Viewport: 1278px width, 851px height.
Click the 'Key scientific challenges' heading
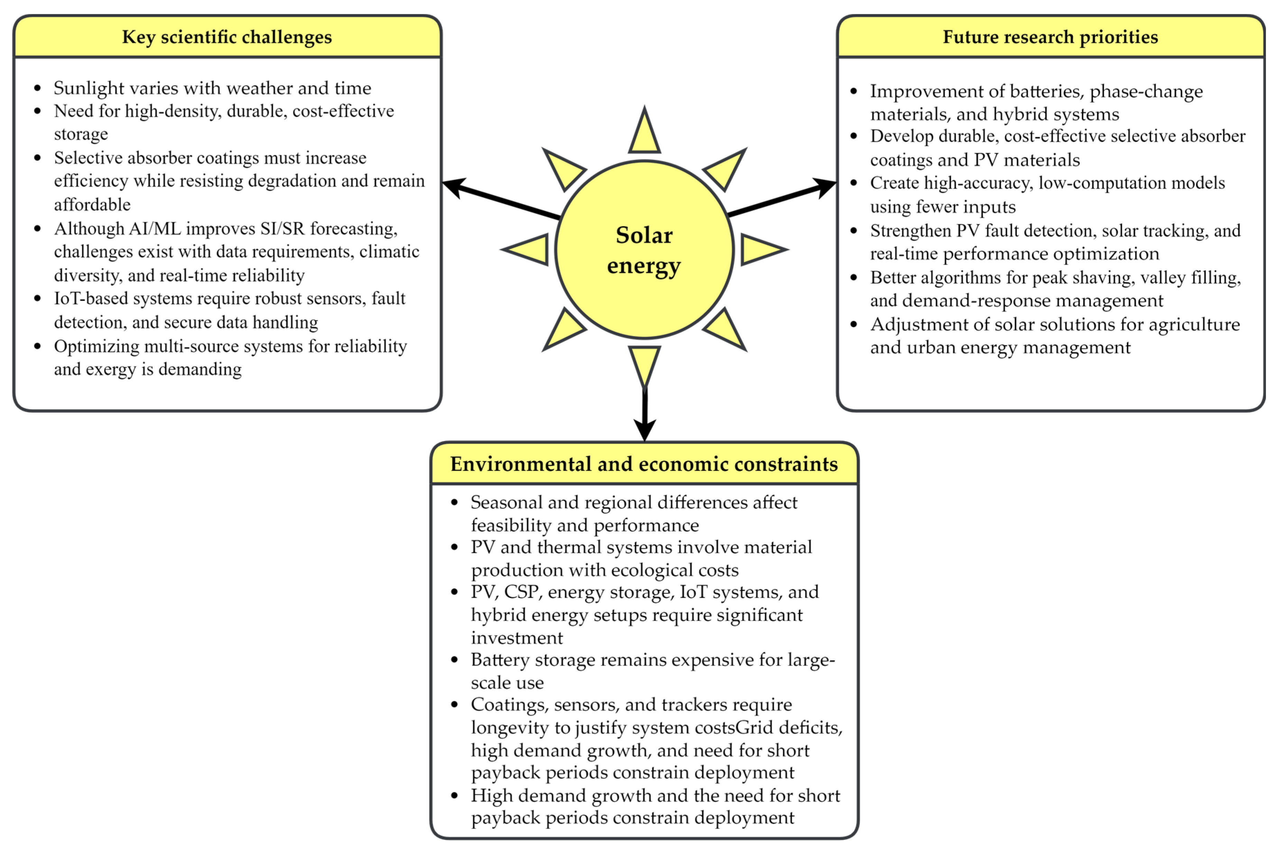(x=227, y=37)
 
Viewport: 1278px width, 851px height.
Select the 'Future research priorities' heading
(x=1050, y=37)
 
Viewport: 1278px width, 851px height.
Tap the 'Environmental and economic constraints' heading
(x=644, y=464)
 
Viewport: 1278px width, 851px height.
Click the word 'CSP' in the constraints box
(x=521, y=591)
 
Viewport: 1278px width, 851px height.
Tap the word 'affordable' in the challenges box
(x=92, y=205)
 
